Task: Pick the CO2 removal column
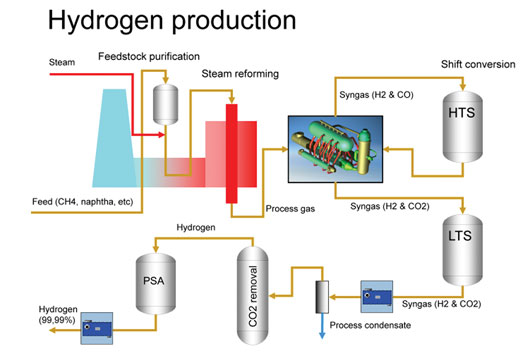coord(251,290)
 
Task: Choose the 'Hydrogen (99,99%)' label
coord(39,310)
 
